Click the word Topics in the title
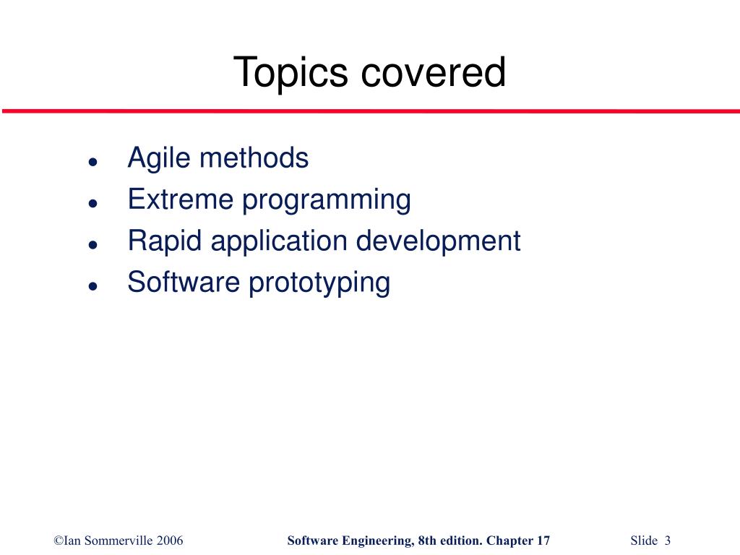click(291, 73)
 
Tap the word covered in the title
click(434, 72)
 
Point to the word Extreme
click(181, 199)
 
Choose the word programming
click(326, 201)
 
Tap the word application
click(278, 241)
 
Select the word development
click(438, 241)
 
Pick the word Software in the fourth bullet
click(184, 282)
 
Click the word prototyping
click(319, 283)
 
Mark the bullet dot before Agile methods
click(93, 162)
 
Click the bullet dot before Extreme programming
click(93, 203)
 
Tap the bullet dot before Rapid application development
click(93, 244)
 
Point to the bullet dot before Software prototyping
click(93, 286)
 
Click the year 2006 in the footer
click(170, 541)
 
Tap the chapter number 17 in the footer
click(543, 541)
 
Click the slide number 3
click(668, 541)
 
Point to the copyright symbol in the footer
click(58, 541)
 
